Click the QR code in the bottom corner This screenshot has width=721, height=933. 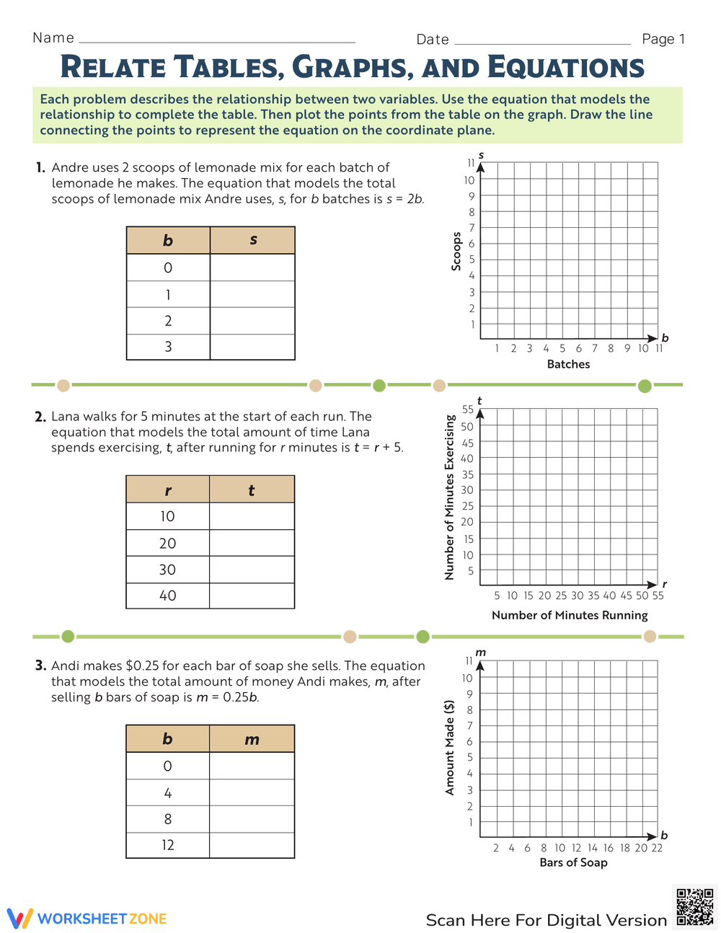(x=695, y=906)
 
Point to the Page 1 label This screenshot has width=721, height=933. (x=663, y=39)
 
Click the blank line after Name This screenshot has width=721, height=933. (x=216, y=41)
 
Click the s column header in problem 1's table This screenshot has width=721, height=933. (x=252, y=240)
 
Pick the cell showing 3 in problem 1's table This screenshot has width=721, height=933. (x=168, y=347)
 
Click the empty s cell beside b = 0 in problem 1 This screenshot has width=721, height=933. (x=252, y=267)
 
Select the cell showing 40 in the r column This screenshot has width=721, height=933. (x=167, y=596)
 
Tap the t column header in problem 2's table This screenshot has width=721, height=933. (x=252, y=490)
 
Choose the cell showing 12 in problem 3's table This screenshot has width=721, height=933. (x=167, y=845)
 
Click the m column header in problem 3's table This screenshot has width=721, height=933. (x=252, y=739)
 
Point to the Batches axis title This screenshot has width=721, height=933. (x=568, y=364)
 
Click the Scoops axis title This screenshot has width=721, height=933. (x=456, y=251)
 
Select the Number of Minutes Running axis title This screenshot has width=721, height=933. (x=570, y=615)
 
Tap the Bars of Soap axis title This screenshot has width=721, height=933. (x=573, y=862)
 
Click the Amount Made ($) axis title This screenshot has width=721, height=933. (x=450, y=747)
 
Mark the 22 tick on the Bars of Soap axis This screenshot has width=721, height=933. (x=657, y=848)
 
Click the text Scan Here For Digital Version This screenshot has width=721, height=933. (x=546, y=920)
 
